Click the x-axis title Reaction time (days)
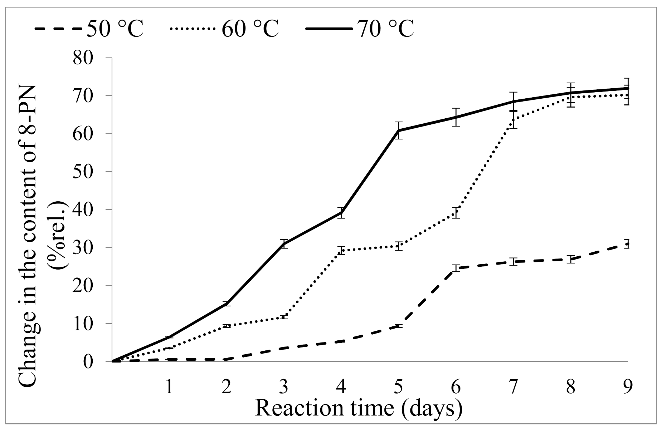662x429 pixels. (359, 409)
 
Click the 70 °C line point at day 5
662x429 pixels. (399, 130)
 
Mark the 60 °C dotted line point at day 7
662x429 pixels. (513, 120)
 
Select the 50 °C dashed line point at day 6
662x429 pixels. (456, 268)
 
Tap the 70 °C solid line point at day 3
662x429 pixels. (284, 244)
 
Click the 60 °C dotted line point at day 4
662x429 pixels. (341, 250)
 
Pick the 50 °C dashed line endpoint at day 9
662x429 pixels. (627, 244)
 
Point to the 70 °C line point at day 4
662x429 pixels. (341, 212)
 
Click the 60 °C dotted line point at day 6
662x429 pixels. (456, 212)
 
